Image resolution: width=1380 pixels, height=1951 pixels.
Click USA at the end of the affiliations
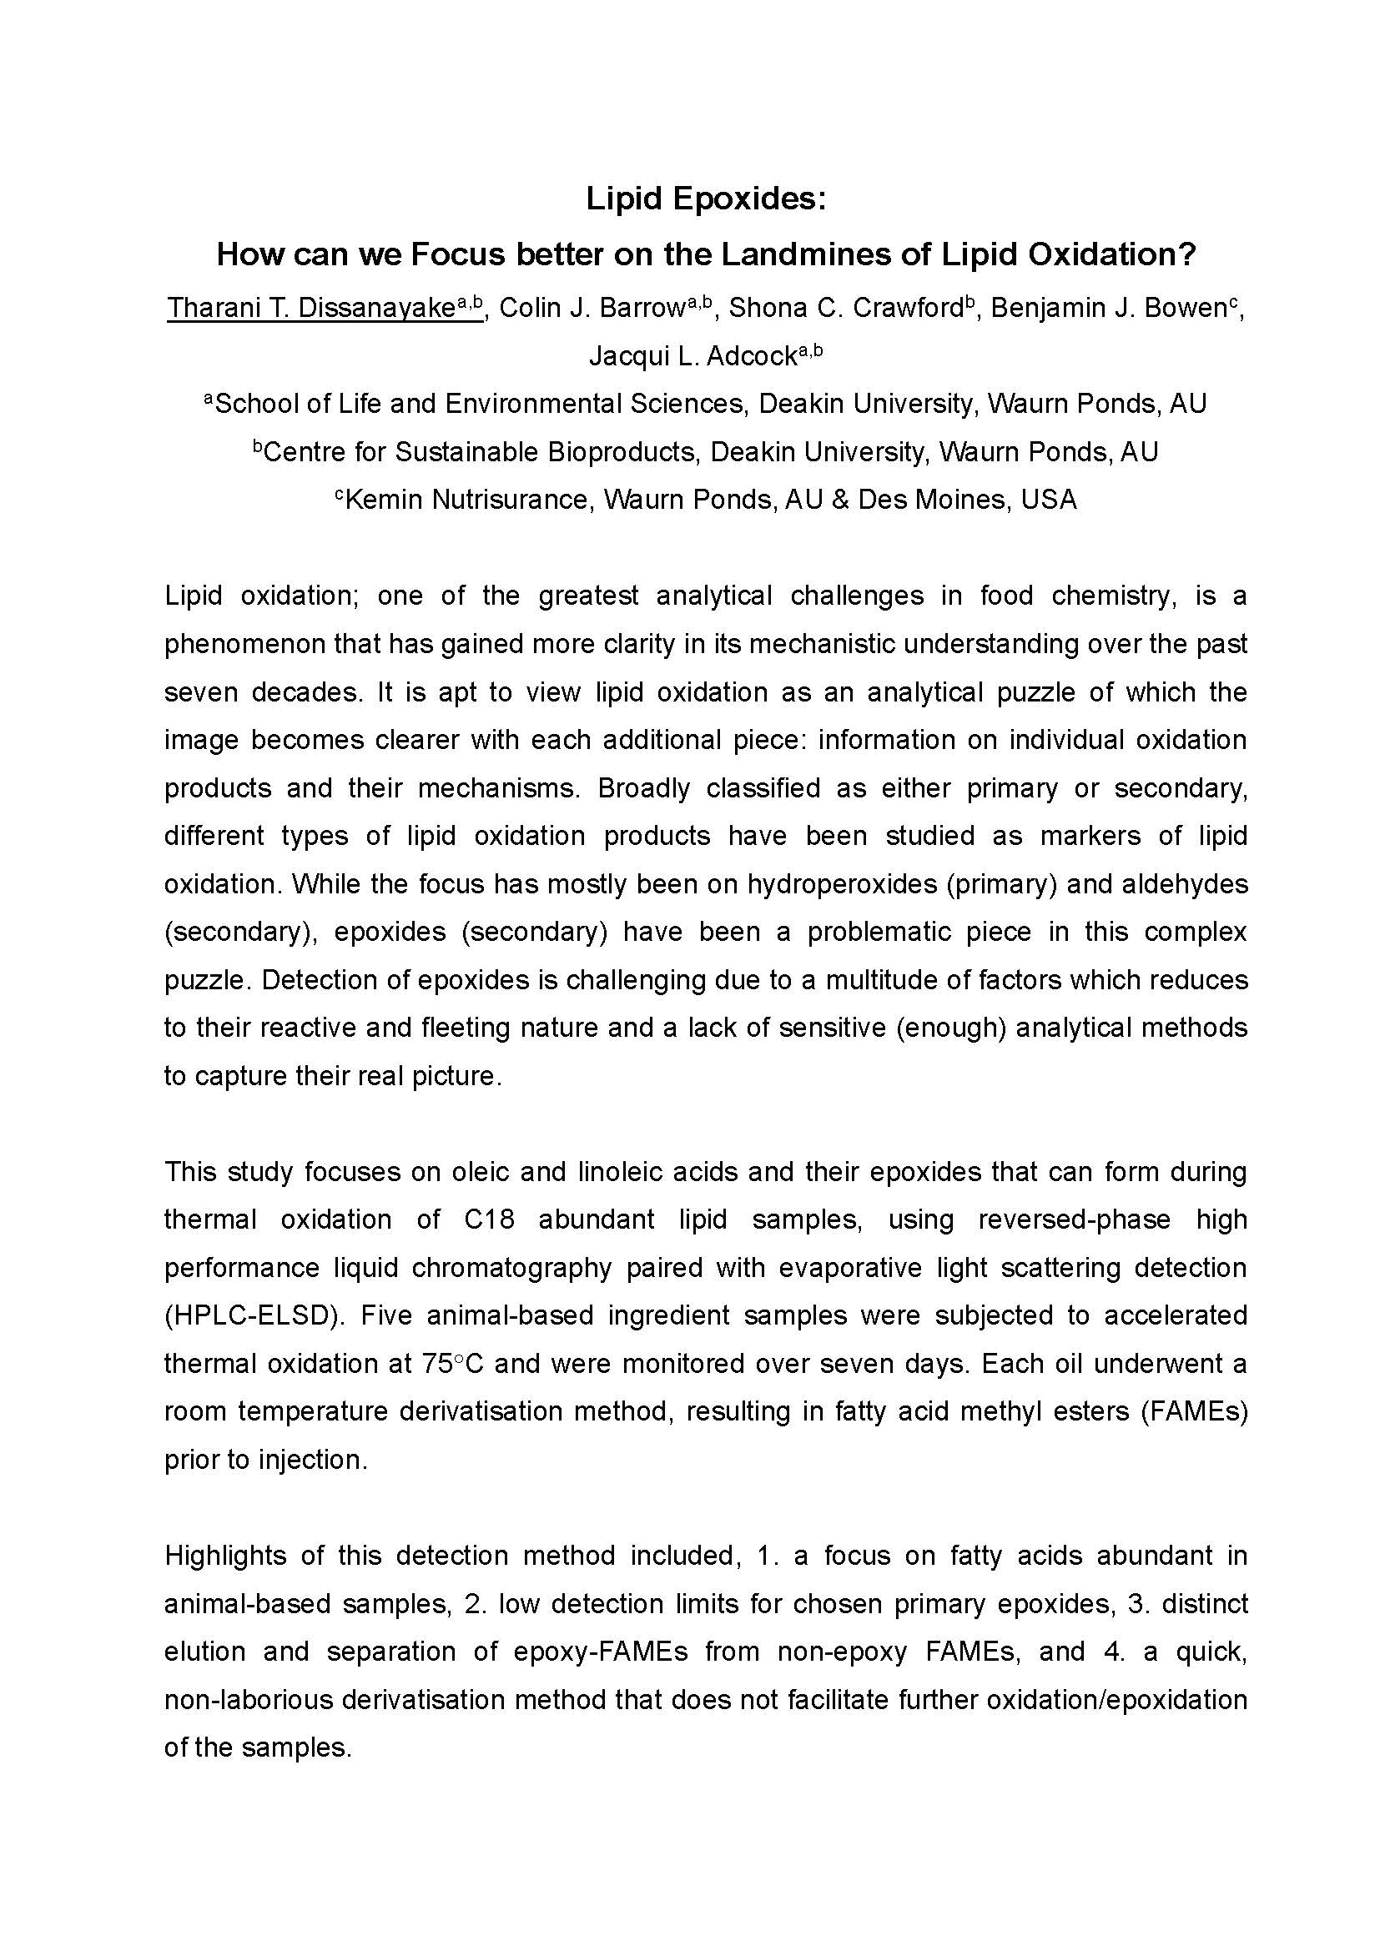[x=1049, y=500]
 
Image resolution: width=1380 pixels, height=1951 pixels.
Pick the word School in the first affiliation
[x=258, y=404]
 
